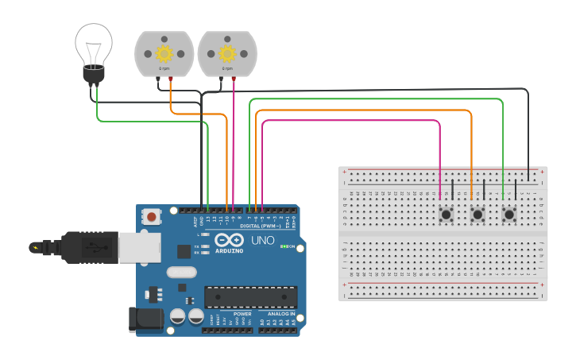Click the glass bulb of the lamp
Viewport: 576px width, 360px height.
click(94, 43)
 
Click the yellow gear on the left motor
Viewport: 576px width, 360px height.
click(164, 53)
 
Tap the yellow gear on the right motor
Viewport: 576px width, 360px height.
click(227, 53)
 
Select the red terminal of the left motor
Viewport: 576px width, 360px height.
click(170, 79)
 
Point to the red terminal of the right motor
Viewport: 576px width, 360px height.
click(234, 79)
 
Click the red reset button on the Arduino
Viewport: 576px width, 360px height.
click(151, 216)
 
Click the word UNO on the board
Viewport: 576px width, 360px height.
click(263, 240)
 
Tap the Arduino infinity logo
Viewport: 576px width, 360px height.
click(229, 240)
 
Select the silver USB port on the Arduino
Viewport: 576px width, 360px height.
click(139, 247)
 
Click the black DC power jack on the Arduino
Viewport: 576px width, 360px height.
click(146, 319)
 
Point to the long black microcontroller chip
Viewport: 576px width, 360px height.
click(251, 297)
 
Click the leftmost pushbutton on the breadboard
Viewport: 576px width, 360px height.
click(446, 215)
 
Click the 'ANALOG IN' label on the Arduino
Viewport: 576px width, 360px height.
click(280, 314)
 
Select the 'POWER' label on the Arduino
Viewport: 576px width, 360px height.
click(242, 314)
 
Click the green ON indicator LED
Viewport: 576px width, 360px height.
click(283, 246)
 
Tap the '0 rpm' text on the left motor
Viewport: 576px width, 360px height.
click(164, 69)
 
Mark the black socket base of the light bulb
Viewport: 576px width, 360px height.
click(94, 75)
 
